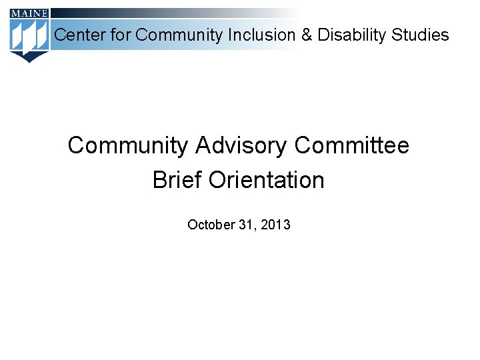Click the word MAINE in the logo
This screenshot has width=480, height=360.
29,13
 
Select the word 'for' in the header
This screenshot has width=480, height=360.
121,35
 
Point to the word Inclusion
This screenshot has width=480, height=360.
262,35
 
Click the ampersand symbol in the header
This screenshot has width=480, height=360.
307,35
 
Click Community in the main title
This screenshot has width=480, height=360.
128,145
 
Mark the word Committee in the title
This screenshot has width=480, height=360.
351,145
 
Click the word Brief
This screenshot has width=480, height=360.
177,180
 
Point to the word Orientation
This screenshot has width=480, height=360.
266,180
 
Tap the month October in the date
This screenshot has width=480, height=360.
210,225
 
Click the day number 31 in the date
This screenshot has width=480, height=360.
244,225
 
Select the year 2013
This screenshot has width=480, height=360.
275,225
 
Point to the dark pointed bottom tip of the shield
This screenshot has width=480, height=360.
29,59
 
